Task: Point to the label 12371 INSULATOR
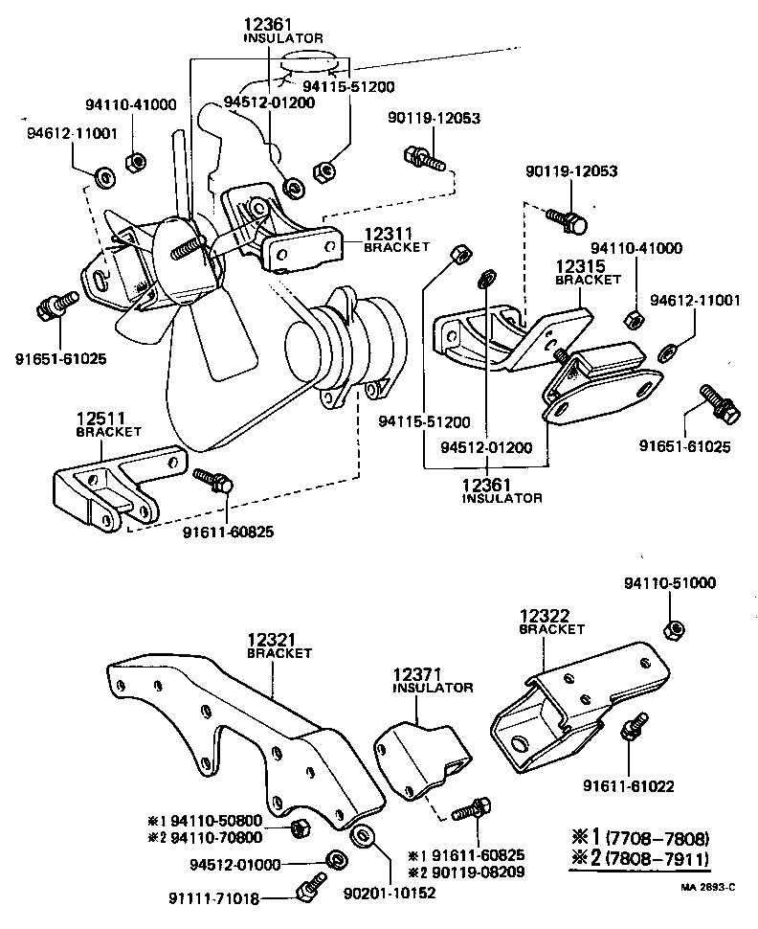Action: (x=433, y=681)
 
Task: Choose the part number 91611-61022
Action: (x=628, y=786)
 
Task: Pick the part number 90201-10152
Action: (x=390, y=892)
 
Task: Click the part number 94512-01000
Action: (x=235, y=864)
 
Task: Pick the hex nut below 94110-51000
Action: (x=672, y=629)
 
